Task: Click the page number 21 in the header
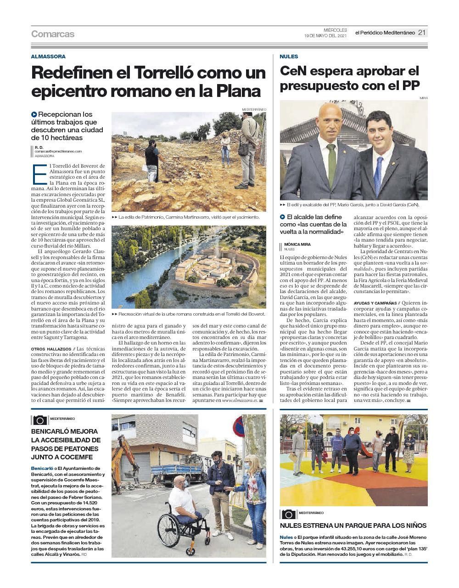(422, 33)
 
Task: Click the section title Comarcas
(52, 34)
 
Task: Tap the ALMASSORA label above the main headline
(48, 57)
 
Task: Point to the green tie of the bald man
(331, 165)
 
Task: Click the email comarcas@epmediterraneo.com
(58, 151)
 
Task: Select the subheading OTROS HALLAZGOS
(51, 349)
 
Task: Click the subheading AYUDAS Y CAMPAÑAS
(375, 304)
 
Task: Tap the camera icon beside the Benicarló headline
(39, 420)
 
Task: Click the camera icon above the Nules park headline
(289, 514)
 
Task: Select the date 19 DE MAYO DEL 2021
(325, 35)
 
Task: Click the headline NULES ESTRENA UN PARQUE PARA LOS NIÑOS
(353, 526)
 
